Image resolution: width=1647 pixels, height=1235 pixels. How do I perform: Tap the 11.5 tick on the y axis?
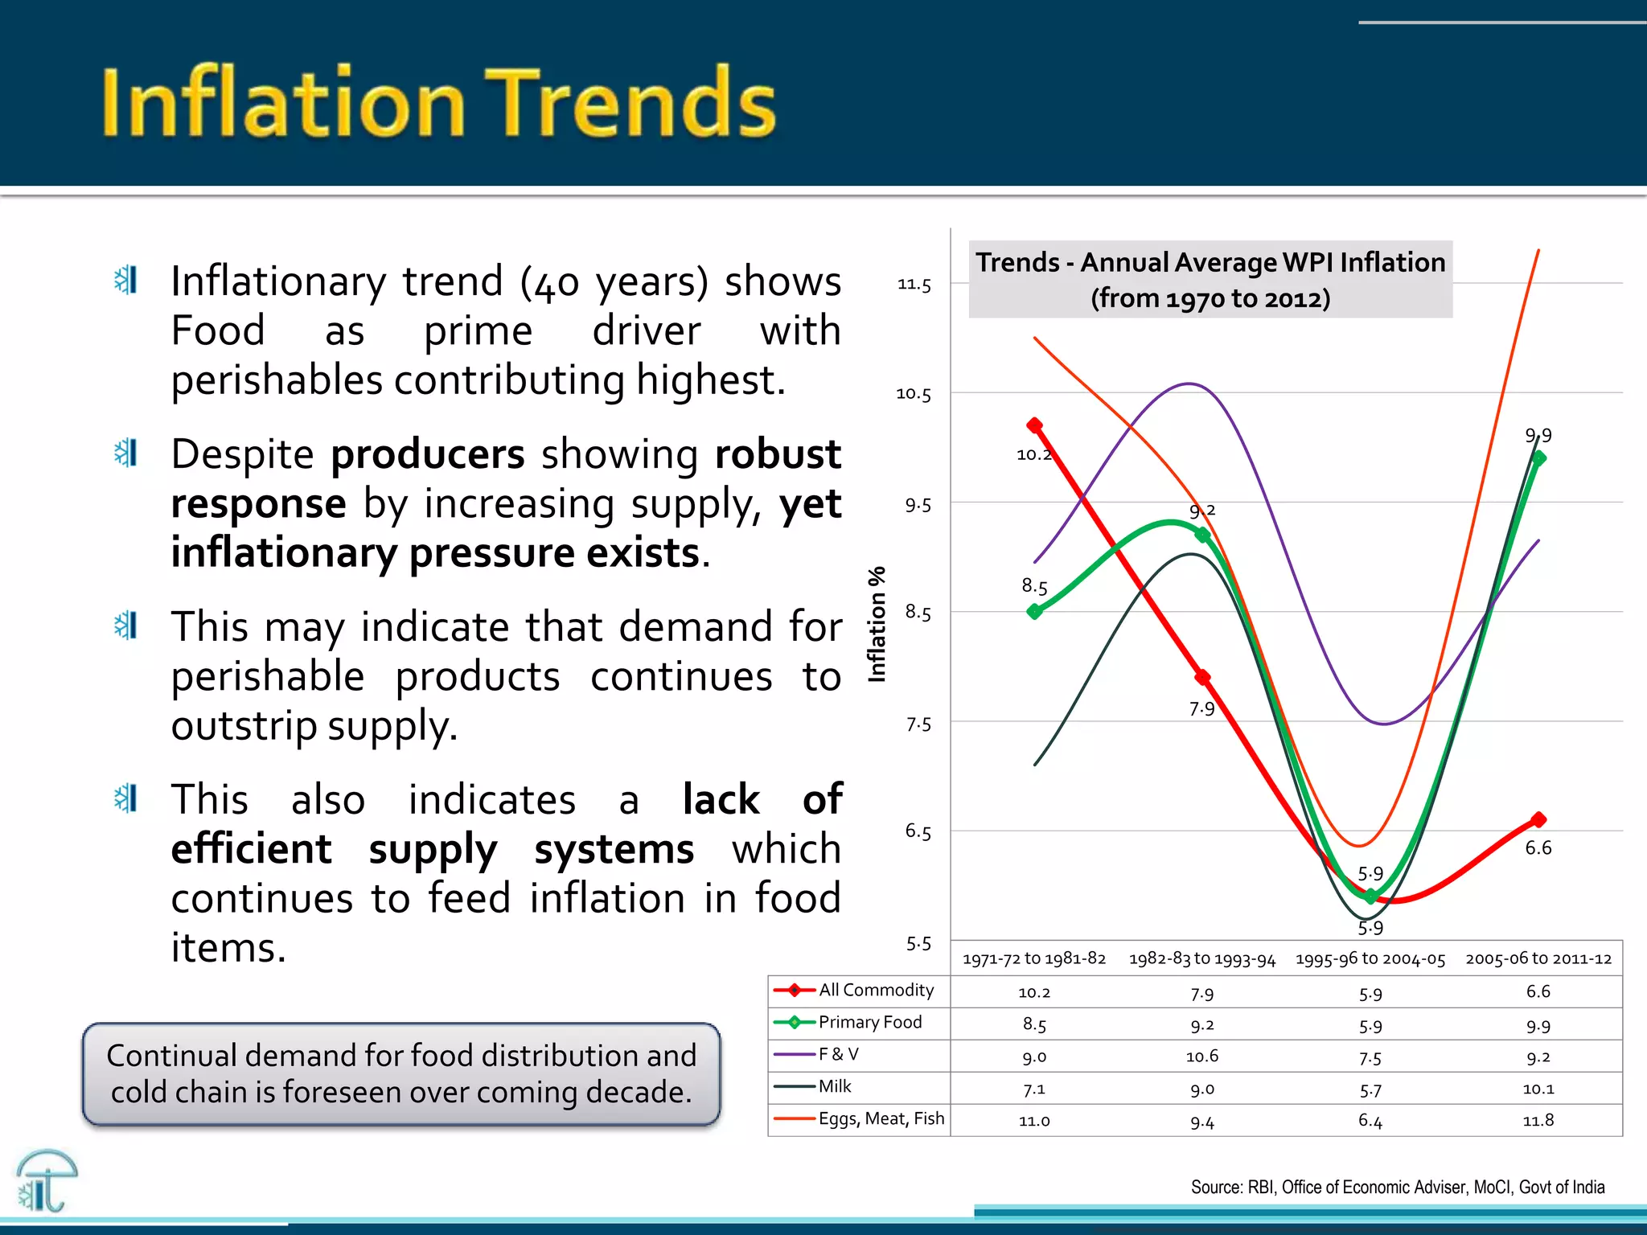[x=914, y=285]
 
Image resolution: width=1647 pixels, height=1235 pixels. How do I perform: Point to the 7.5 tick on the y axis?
[x=918, y=724]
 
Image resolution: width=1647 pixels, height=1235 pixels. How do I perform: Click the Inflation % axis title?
[x=877, y=624]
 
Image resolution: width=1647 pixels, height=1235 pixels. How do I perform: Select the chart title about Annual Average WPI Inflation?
[x=1210, y=279]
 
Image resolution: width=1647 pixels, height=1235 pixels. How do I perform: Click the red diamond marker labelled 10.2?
[x=1035, y=425]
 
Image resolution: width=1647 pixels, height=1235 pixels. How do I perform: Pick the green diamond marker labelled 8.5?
[x=1035, y=612]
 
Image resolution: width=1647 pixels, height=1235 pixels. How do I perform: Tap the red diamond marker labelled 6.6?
[x=1538, y=820]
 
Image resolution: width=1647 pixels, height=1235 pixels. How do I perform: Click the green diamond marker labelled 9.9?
[x=1539, y=458]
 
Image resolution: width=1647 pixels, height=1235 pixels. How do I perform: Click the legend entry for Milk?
[x=834, y=1086]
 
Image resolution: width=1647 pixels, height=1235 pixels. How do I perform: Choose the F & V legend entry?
[x=838, y=1054]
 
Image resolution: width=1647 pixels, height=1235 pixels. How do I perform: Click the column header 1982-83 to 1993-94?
[x=1201, y=958]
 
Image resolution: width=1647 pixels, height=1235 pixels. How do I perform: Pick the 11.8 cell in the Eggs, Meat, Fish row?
[x=1538, y=1120]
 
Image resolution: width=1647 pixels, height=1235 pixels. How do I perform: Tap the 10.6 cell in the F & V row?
[x=1201, y=1056]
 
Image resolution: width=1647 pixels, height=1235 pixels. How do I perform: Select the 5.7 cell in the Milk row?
[x=1370, y=1089]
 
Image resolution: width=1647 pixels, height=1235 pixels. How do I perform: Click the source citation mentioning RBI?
[x=1397, y=1187]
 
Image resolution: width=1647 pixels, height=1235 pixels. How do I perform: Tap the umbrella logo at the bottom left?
[x=46, y=1180]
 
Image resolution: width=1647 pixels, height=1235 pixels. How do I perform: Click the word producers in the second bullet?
[x=427, y=454]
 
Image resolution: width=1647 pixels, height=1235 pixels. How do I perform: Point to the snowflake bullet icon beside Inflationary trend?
[x=126, y=280]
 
